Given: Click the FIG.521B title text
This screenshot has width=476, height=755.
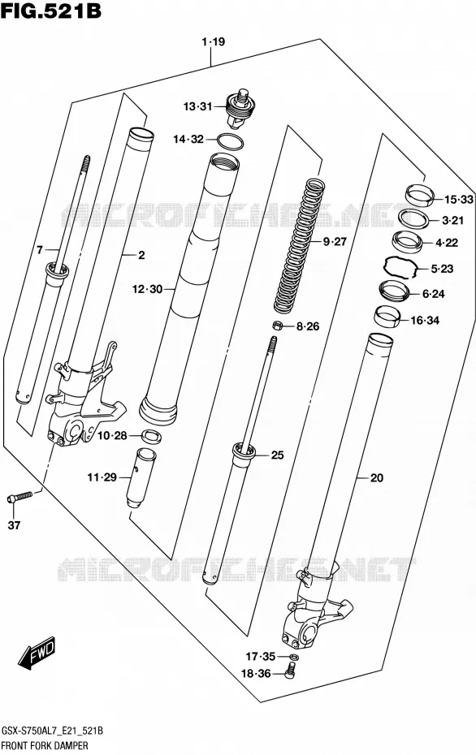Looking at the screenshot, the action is [50, 11].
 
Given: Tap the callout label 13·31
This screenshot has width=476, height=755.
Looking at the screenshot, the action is [197, 106].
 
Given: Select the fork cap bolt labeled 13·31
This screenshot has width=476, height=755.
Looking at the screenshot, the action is [240, 109].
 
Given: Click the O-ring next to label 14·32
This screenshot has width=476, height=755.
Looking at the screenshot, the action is [231, 141].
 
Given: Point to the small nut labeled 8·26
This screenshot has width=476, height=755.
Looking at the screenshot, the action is [278, 326].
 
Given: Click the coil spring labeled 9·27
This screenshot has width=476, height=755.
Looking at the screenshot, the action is [296, 245].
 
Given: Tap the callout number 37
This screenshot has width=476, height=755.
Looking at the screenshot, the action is [15, 524].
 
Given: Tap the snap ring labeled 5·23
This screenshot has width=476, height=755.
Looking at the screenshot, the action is [400, 267].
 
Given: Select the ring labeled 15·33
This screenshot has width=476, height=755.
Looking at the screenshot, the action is [419, 195].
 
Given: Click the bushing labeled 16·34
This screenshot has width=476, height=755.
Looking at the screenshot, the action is [387, 317].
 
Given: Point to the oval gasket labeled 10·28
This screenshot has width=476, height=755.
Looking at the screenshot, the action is [151, 437].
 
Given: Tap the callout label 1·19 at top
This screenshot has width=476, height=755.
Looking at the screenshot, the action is [214, 42].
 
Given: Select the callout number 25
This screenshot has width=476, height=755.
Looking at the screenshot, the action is [278, 455].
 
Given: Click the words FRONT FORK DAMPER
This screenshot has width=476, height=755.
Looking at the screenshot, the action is [45, 746].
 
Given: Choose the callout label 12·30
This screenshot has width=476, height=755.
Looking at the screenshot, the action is [147, 289].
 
